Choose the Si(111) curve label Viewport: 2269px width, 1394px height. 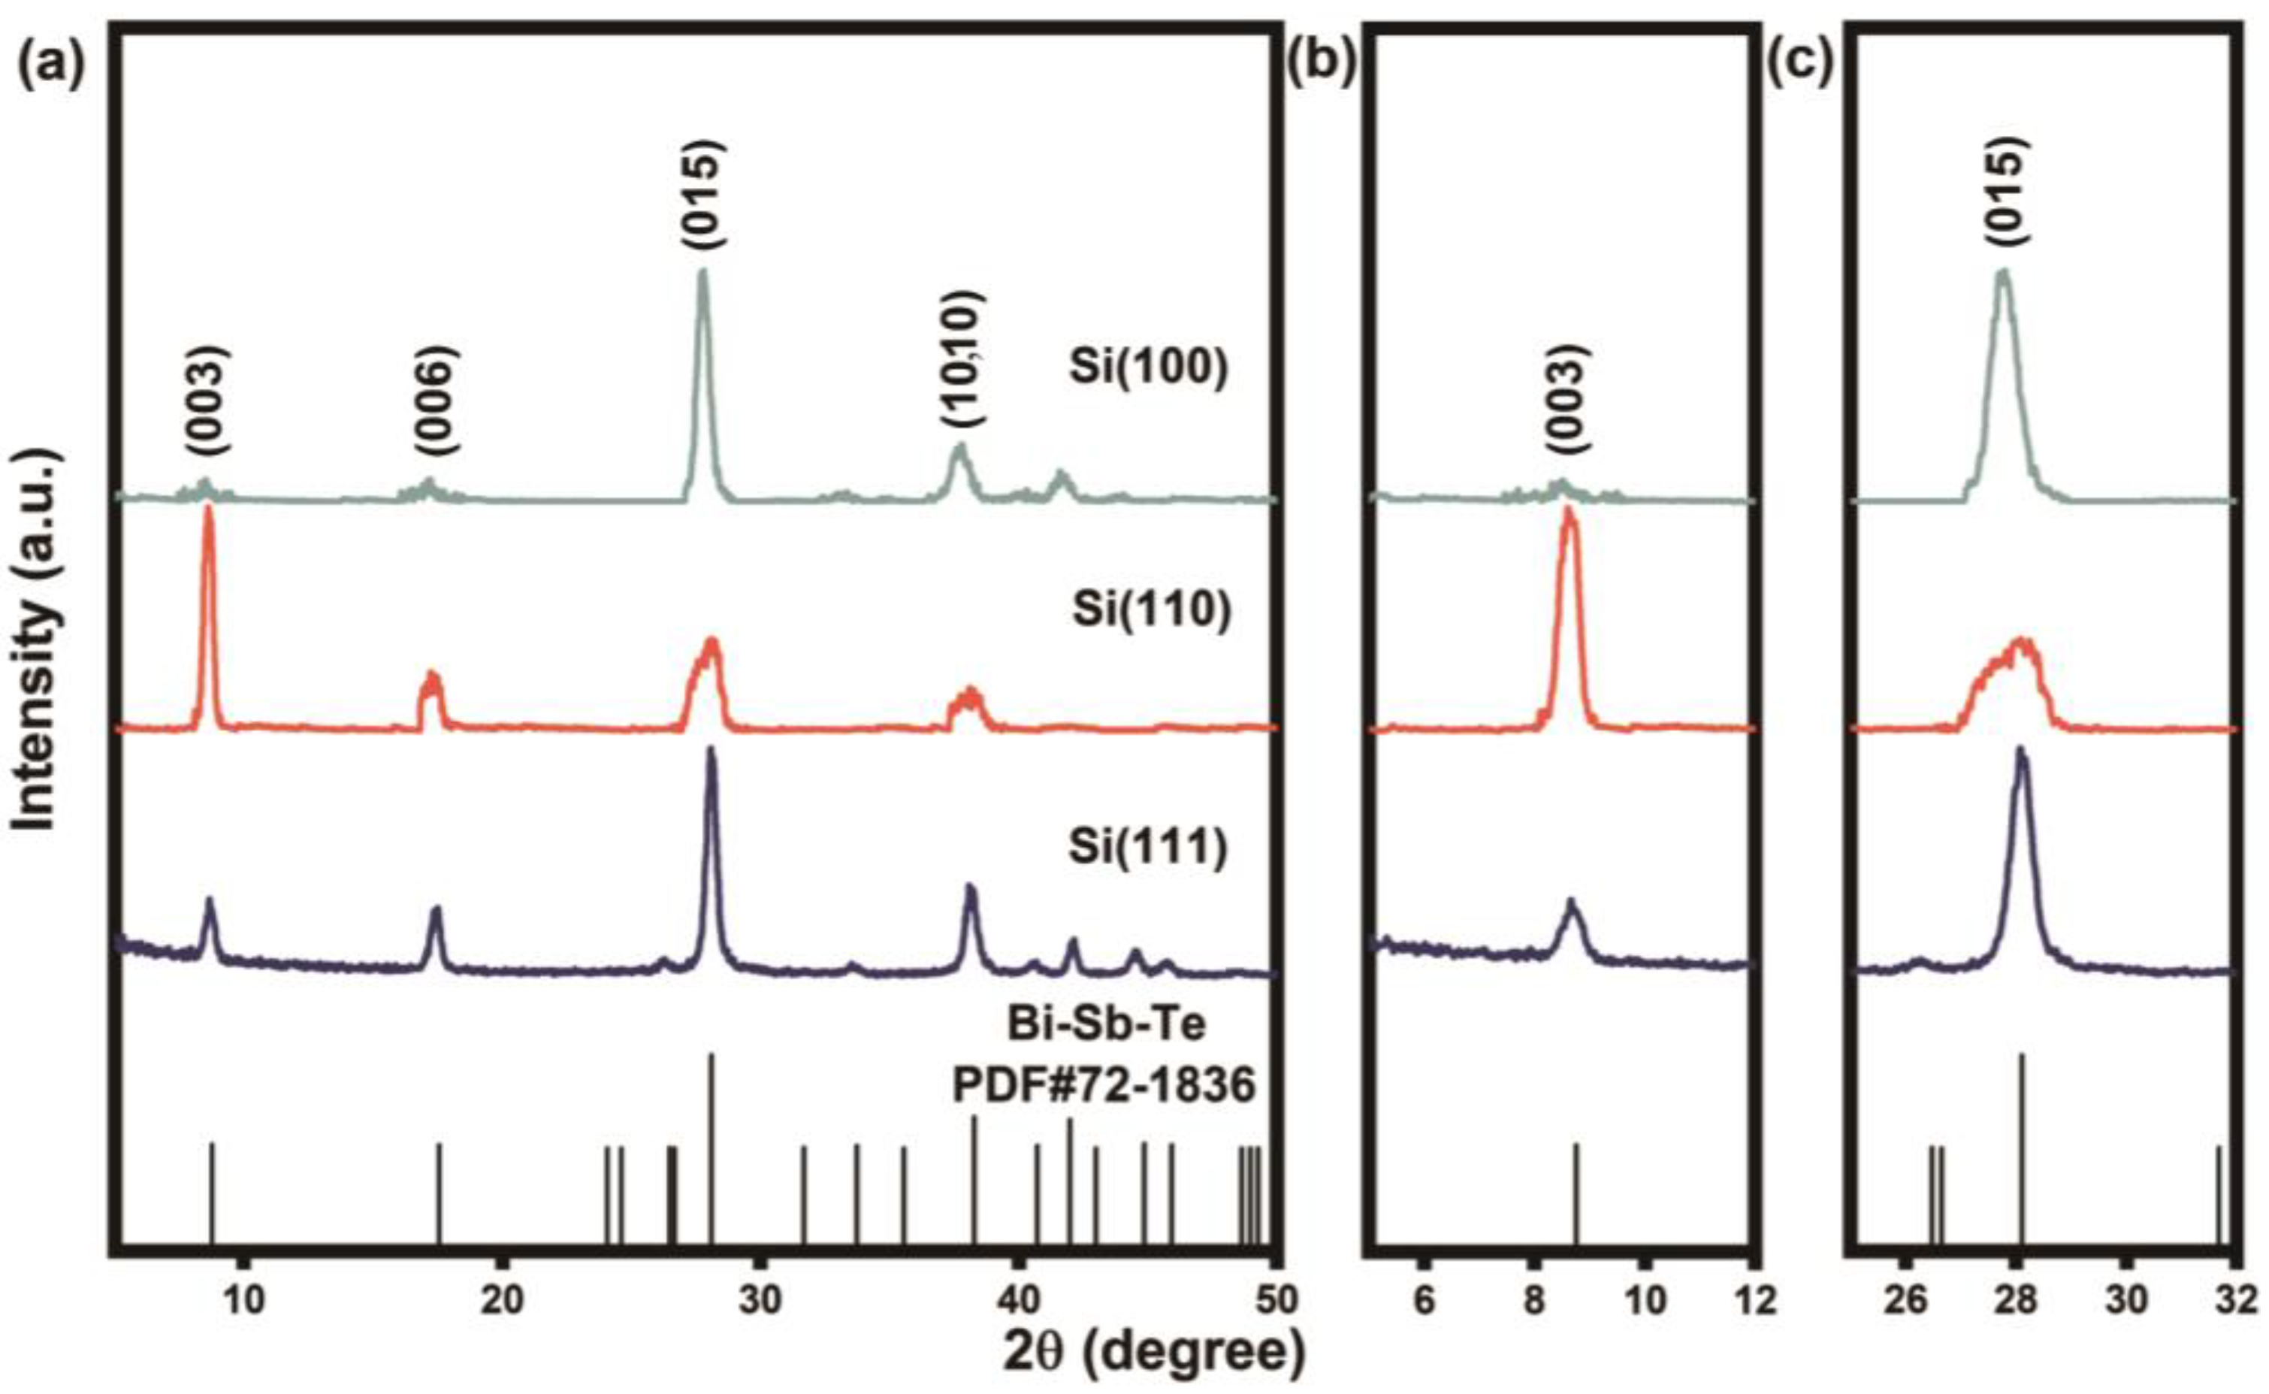click(1150, 849)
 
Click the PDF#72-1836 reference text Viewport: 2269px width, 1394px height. click(1103, 1086)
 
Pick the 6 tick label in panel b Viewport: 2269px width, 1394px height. click(1424, 1299)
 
